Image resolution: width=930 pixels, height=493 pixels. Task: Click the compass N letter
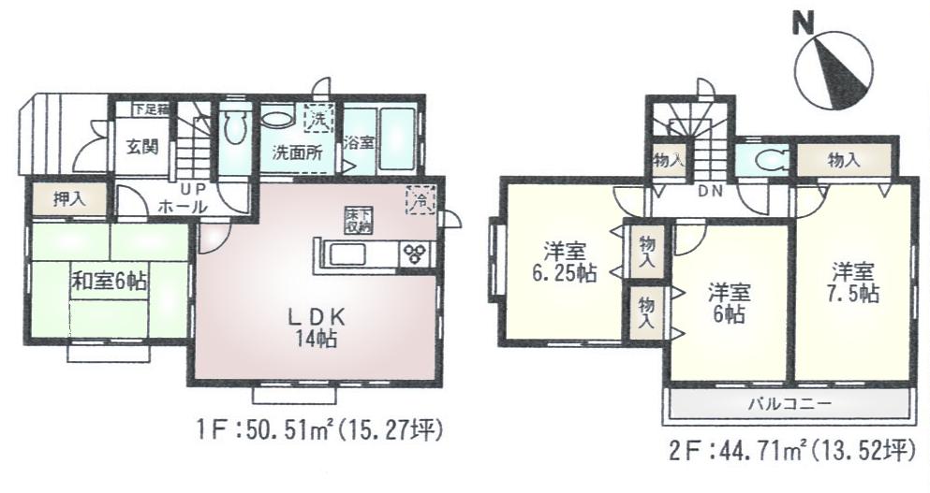click(802, 23)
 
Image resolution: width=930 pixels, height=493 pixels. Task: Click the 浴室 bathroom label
click(358, 143)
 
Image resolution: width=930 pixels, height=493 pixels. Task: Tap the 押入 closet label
click(66, 198)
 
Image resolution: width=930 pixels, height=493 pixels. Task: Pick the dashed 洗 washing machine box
click(317, 119)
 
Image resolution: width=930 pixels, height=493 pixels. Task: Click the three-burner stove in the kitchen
click(413, 253)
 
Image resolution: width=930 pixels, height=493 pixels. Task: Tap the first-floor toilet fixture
click(235, 126)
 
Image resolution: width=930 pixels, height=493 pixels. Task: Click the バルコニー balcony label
click(790, 404)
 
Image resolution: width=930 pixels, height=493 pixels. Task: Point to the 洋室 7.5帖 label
click(852, 282)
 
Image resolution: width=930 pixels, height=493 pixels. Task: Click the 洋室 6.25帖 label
click(567, 263)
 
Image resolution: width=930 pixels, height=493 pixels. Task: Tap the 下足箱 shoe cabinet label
click(149, 108)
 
